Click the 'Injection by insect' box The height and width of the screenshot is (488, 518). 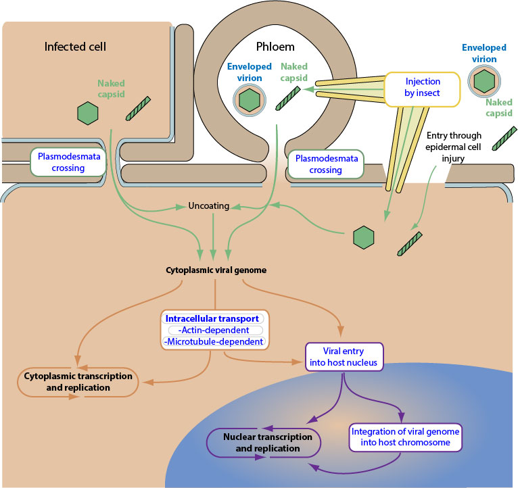coord(423,89)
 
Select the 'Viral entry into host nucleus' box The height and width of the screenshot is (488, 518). coord(345,357)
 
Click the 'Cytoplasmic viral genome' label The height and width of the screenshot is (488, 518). coord(216,270)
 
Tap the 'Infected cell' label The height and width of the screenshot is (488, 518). coord(75,47)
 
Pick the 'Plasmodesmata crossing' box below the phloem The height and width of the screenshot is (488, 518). coord(325,164)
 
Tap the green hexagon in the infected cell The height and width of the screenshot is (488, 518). coord(88,113)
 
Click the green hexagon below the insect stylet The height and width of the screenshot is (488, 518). coord(364,237)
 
